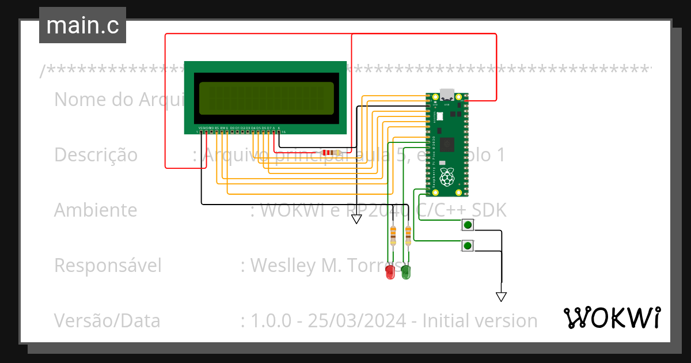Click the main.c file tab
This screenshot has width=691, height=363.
point(82,25)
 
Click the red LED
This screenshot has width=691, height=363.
point(390,272)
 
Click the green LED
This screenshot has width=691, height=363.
point(406,272)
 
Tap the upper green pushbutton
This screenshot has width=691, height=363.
point(468,225)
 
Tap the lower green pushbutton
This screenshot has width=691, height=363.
point(468,246)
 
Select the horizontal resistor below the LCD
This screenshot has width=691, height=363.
point(330,153)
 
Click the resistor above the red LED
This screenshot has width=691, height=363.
point(393,233)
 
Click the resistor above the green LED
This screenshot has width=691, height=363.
point(408,233)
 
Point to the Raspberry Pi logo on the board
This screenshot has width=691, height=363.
point(446,177)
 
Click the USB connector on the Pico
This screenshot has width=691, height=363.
point(446,94)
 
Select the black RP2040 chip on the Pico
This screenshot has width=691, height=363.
point(446,145)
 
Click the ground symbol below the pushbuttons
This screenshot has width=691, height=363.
point(501,297)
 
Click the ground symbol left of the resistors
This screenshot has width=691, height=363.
point(356,218)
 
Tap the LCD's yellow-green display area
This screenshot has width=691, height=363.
point(266,99)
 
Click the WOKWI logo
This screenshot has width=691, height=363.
point(612,317)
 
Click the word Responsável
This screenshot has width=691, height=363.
point(108,266)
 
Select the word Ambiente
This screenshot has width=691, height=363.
point(96,210)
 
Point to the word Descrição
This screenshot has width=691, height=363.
point(96,155)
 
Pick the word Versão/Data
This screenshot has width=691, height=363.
point(107,321)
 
